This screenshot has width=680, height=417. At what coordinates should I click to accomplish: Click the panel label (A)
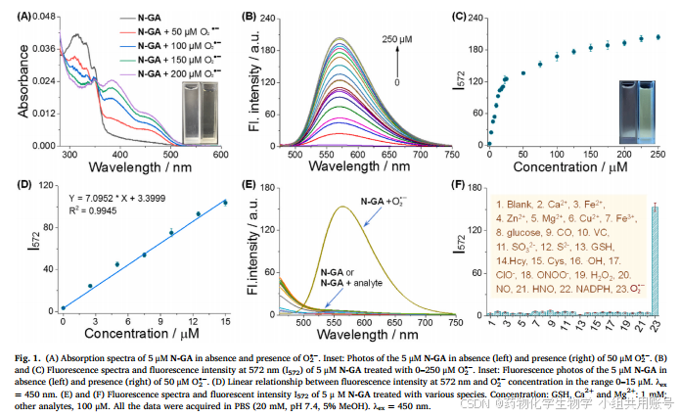coord(16,16)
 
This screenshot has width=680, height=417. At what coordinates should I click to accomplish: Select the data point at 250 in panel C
coord(658,37)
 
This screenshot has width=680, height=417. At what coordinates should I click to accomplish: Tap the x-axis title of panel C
coord(576,167)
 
